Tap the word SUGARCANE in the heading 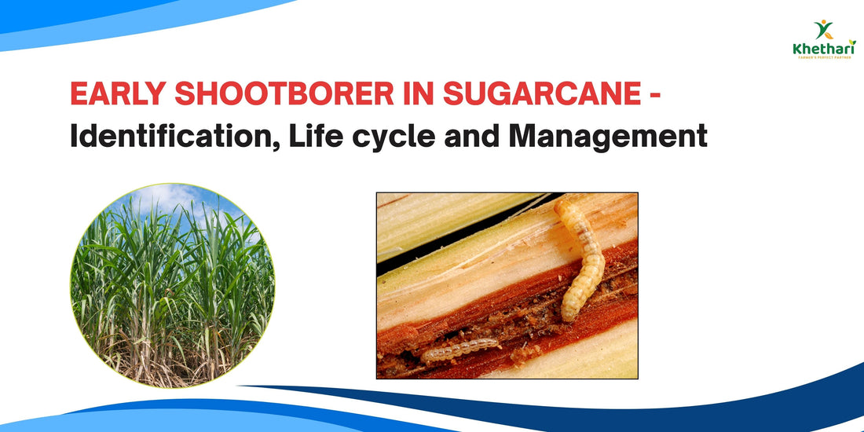[543, 95]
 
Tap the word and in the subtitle [473, 136]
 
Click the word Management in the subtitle [607, 137]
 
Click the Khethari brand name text [824, 49]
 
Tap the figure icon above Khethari [824, 30]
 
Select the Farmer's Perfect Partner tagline [824, 58]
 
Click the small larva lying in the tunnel [460, 350]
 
